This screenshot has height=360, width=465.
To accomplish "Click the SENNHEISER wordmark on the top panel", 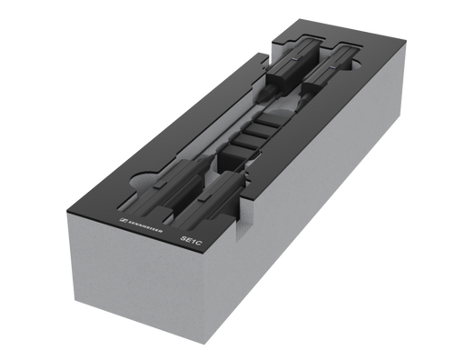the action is [x=145, y=226].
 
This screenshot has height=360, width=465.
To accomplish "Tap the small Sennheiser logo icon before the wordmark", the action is [x=123, y=220].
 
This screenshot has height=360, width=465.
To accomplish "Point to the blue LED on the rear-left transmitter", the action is [x=294, y=60].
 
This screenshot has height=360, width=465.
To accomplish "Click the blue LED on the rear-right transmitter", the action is [x=332, y=66].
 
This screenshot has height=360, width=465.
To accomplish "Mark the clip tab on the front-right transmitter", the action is [x=204, y=197].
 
